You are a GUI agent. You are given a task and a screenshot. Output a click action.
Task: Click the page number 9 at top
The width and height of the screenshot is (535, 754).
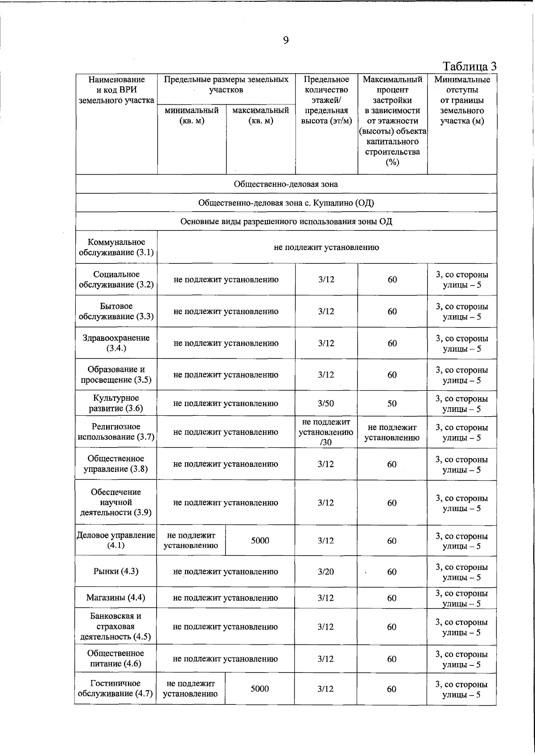click(286, 41)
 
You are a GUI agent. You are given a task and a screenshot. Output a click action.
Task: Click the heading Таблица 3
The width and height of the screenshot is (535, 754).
click(469, 66)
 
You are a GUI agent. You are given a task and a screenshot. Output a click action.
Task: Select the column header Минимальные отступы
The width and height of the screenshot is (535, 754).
click(462, 100)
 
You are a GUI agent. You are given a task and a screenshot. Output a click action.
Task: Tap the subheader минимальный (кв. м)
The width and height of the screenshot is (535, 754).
click(192, 115)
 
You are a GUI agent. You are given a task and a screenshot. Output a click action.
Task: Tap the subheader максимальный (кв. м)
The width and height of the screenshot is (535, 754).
click(261, 115)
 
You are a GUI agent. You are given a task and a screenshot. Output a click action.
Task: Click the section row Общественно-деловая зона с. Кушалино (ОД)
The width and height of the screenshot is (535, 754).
click(286, 203)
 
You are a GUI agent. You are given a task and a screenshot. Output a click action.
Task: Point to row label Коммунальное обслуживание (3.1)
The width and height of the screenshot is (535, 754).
click(116, 247)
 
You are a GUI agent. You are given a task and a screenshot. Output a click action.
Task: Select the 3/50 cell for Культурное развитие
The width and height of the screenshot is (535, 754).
click(326, 403)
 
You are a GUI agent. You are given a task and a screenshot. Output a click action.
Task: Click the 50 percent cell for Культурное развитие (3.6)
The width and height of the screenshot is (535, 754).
click(392, 403)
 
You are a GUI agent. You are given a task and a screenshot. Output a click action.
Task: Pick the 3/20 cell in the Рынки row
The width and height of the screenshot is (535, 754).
click(326, 572)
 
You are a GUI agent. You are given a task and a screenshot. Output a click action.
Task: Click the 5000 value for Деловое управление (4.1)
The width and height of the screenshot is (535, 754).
click(260, 541)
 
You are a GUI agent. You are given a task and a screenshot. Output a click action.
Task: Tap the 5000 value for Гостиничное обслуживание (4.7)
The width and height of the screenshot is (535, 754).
click(259, 689)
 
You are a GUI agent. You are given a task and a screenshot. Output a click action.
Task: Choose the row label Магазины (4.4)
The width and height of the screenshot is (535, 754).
click(116, 598)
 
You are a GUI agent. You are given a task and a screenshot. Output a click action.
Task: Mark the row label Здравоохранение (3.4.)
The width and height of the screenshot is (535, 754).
click(116, 343)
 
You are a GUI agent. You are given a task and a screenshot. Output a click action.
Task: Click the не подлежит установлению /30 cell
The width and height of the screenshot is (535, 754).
click(326, 432)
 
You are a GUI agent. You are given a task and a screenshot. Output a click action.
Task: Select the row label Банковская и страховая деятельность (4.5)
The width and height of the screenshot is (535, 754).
click(116, 627)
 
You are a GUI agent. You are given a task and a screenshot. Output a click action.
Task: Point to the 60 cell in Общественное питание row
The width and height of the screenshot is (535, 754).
click(391, 659)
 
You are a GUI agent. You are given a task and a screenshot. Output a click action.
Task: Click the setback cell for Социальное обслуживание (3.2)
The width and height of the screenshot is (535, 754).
click(462, 279)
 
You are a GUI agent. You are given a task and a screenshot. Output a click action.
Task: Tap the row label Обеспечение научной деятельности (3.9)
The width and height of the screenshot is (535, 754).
click(116, 502)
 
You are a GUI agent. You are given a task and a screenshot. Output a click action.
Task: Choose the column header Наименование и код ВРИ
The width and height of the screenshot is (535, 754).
click(116, 90)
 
